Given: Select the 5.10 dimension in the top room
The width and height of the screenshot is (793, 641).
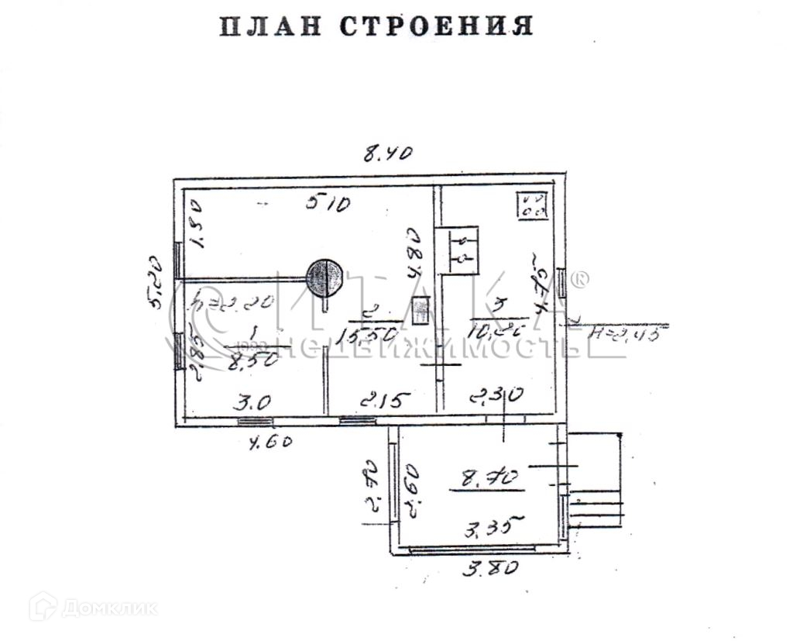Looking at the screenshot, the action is click(328, 204).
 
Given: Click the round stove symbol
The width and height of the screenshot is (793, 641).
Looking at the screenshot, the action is click(324, 277).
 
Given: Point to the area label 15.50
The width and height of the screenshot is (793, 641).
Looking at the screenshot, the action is click(372, 335).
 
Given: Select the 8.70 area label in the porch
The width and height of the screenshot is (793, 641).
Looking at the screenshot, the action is click(487, 481).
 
